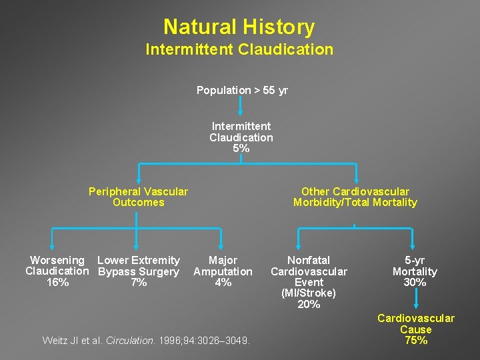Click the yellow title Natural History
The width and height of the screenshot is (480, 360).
(239, 27)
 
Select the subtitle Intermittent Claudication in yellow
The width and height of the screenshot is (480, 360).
(239, 50)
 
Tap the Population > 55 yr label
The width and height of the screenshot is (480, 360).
(242, 91)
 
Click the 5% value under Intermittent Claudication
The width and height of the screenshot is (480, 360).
(241, 149)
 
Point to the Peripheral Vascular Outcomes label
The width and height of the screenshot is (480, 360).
(138, 197)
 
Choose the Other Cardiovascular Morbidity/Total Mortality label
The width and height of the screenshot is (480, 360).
(355, 197)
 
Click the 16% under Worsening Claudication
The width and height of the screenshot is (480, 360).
(57, 283)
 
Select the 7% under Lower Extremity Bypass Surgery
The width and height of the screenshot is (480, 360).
(139, 283)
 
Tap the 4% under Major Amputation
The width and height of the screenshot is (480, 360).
(223, 283)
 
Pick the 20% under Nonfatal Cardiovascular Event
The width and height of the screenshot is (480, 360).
(309, 305)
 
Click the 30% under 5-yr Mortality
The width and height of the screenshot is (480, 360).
(415, 283)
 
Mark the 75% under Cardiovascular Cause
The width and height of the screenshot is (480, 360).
(415, 341)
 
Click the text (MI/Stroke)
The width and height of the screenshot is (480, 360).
(309, 293)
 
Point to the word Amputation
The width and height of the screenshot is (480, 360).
(223, 271)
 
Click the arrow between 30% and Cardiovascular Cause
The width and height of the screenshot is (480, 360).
(415, 300)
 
